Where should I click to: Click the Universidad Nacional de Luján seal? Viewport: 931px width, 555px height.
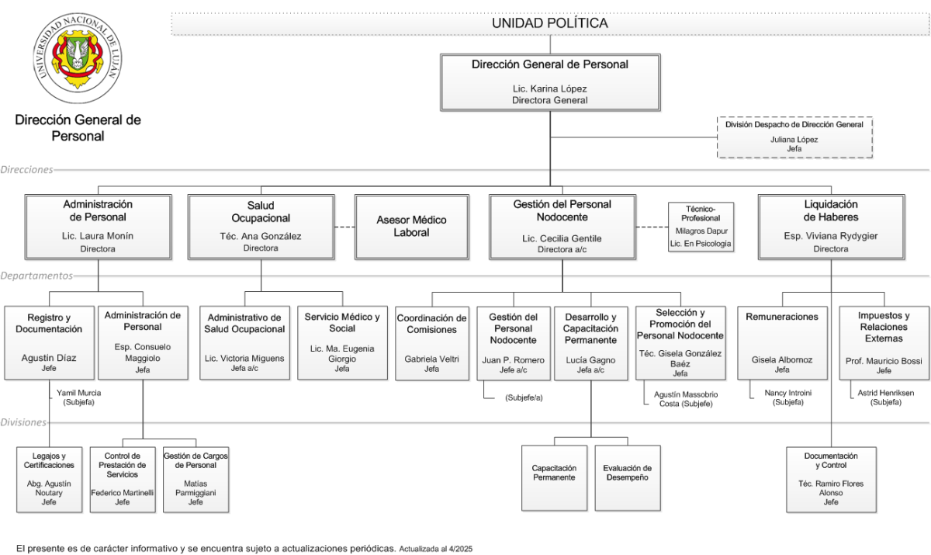pos(78,57)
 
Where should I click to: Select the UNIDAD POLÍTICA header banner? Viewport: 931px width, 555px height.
pos(550,24)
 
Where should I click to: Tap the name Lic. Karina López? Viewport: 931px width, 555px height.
pos(550,88)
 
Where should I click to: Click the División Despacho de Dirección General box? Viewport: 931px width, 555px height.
pos(794,137)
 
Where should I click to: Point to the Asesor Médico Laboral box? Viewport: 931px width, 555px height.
pos(411,227)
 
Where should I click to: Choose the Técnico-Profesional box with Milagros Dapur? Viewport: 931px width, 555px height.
pos(701,227)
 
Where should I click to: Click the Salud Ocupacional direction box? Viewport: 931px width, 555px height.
pos(261,227)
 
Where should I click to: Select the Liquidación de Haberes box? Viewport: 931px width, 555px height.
pos(831,227)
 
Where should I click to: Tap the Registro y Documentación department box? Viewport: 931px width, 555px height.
pos(49,343)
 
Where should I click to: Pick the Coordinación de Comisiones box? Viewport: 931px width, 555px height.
pos(432,343)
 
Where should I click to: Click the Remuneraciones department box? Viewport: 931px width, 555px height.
pos(782,343)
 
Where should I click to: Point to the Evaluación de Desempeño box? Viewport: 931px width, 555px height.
pos(628,478)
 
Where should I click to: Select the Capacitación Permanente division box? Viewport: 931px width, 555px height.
pos(555,478)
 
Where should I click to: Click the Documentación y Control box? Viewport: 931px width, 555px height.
pos(831,480)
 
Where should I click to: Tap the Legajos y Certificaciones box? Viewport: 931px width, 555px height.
pos(49,480)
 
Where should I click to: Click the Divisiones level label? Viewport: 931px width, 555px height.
pos(23,422)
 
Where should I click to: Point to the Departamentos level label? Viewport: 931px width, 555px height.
pos(36,276)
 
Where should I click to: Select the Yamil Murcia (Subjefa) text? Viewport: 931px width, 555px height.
pos(78,397)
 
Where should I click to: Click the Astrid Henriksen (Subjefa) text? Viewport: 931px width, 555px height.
pos(886,397)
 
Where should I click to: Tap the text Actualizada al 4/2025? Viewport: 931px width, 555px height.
pos(435,549)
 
